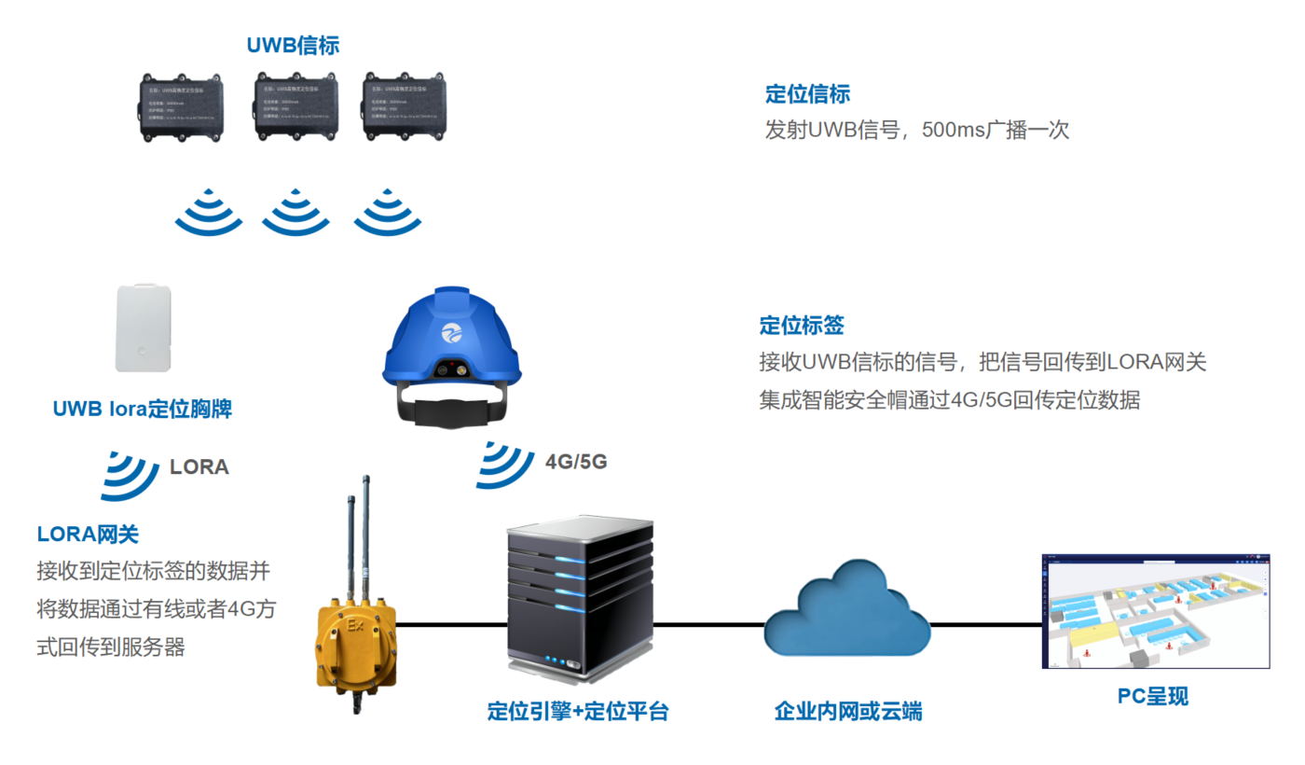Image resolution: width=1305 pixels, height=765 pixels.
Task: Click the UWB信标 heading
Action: [293, 45]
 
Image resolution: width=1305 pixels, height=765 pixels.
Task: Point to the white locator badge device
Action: [144, 328]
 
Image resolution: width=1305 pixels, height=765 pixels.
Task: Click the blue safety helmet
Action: [451, 345]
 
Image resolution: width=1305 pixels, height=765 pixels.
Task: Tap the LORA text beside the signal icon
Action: [199, 467]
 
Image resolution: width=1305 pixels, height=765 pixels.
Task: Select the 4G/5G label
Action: [576, 461]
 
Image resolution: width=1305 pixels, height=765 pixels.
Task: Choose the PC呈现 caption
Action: [1153, 697]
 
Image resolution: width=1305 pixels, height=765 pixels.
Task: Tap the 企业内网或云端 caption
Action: [848, 711]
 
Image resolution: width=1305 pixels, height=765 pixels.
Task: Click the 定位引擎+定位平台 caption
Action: [578, 711]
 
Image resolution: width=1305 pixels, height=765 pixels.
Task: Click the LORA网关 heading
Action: [88, 535]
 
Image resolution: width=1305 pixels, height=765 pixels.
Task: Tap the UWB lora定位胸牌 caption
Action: [142, 410]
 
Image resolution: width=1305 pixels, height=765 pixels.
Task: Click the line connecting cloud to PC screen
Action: [985, 624]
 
